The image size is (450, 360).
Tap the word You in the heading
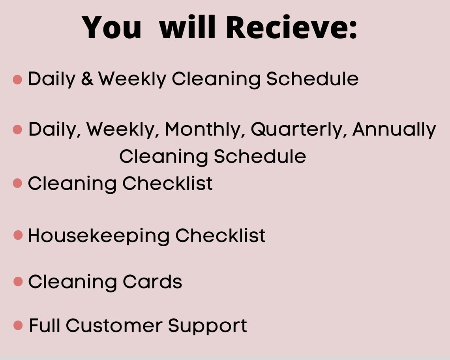pyautogui.click(x=112, y=28)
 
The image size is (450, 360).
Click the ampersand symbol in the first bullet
pyautogui.click(x=87, y=79)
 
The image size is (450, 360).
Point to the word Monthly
pyautogui.click(x=202, y=129)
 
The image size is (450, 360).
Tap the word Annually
pyautogui.click(x=394, y=129)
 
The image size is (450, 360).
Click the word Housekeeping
pyautogui.click(x=99, y=236)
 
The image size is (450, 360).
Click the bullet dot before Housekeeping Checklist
pyautogui.click(x=18, y=235)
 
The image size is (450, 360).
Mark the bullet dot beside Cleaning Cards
pyautogui.click(x=18, y=281)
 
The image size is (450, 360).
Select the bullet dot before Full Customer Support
pyautogui.click(x=18, y=325)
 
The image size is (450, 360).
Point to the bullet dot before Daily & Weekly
pyautogui.click(x=17, y=79)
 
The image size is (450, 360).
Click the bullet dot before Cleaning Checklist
pyautogui.click(x=17, y=183)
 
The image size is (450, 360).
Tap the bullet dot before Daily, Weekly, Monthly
pyautogui.click(x=17, y=129)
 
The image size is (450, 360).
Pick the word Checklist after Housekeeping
pyautogui.click(x=220, y=236)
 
